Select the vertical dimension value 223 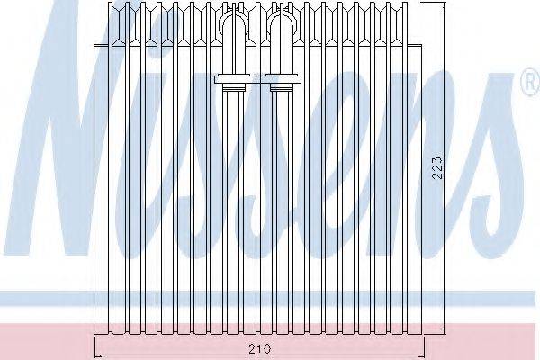[x=436, y=168]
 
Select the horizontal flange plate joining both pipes [x=258, y=79]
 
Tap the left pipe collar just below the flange [x=234, y=88]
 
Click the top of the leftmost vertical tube [x=110, y=3]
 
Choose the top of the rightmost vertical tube [x=405, y=3]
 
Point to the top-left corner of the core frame [x=94, y=45]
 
